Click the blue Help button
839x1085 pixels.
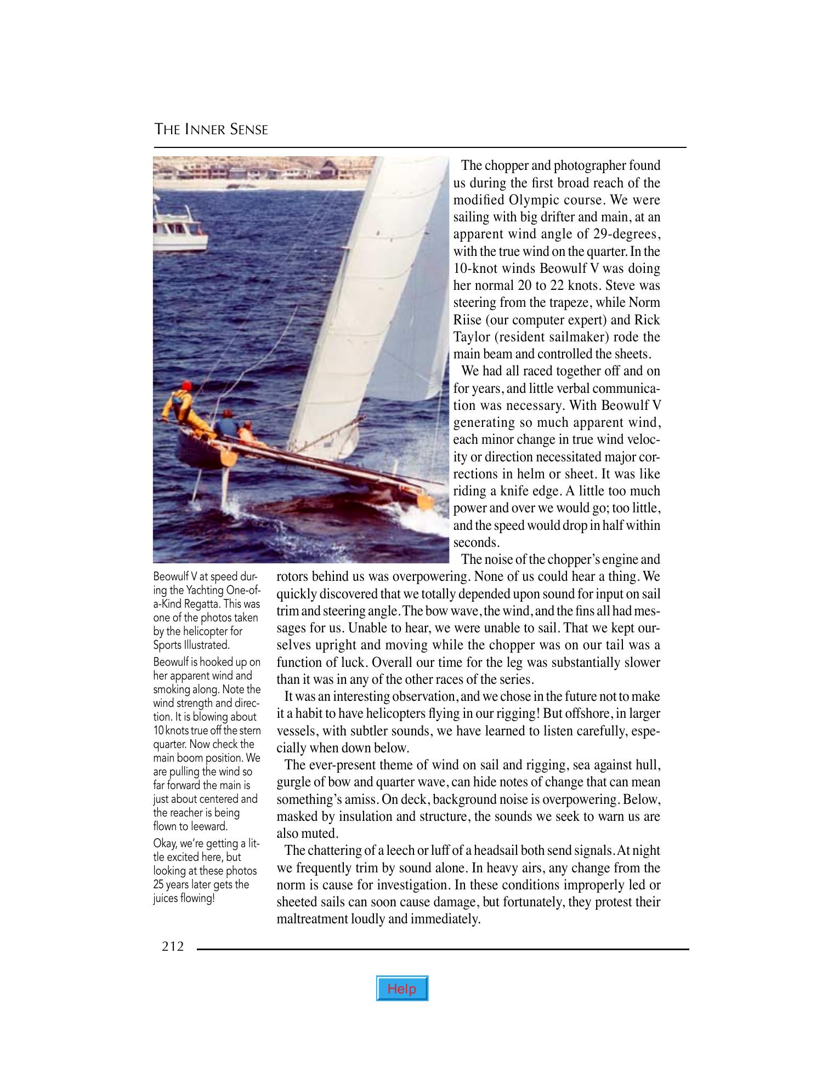point(402,989)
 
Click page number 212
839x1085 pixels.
point(173,946)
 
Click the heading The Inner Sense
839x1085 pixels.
point(211,130)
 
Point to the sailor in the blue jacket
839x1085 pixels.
point(225,425)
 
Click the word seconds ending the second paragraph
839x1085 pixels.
point(475,542)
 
